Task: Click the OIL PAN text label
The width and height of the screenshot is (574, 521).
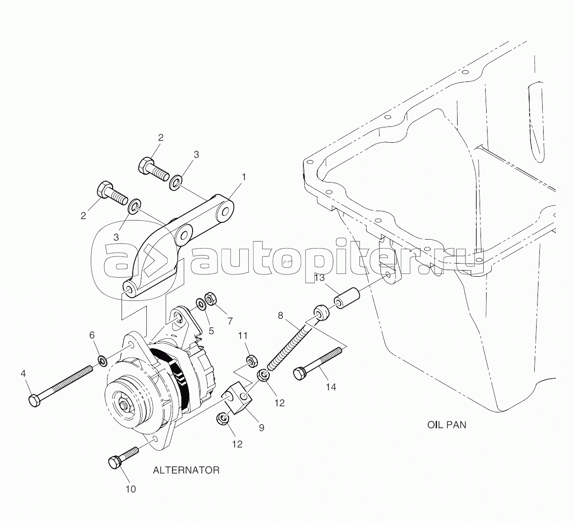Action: coord(446,425)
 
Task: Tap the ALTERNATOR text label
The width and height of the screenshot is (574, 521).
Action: coord(186,470)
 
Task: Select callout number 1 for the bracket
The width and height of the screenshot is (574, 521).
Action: coord(243,177)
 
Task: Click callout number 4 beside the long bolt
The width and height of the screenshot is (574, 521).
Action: coord(23,374)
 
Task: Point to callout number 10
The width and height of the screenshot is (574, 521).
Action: coord(131,489)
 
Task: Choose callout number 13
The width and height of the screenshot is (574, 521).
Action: coord(319,278)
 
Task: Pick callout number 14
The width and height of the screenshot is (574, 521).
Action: coord(331,387)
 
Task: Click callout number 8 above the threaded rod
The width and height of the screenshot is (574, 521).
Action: coord(280,316)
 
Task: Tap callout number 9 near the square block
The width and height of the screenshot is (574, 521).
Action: coord(261,427)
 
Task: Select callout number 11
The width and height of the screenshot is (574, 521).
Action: coord(243,336)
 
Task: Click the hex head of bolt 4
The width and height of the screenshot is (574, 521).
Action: coord(34,401)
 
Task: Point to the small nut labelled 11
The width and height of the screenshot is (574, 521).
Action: coord(250,360)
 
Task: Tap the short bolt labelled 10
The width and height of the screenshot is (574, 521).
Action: coord(123,457)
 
